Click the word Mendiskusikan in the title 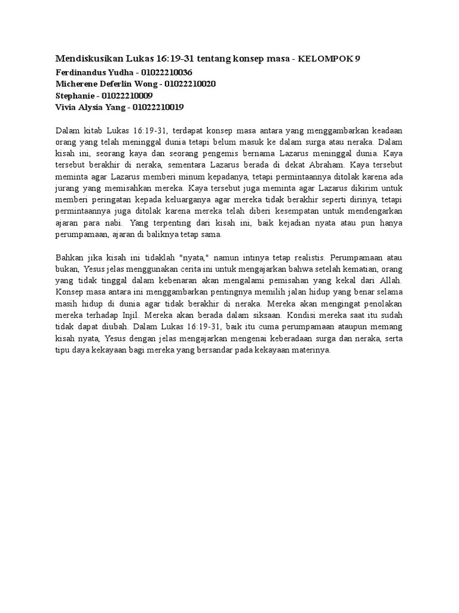click(x=90, y=59)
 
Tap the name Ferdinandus click(x=81, y=72)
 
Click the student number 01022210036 click(x=163, y=72)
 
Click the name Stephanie click(x=75, y=96)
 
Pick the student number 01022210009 click(x=127, y=96)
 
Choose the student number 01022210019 click(x=158, y=108)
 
